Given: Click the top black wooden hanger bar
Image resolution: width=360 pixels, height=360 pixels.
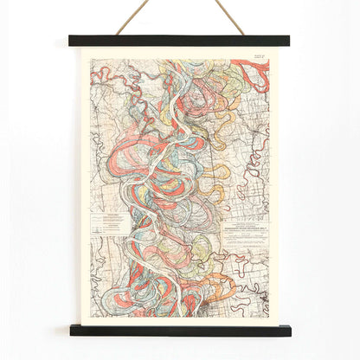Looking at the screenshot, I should tap(180, 41).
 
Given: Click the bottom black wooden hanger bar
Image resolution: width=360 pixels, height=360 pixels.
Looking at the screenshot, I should tap(180, 330).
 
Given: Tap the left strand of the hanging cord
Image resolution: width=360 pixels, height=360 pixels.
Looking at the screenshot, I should tap(131, 18).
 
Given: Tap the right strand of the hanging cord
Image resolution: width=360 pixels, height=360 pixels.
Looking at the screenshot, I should tap(230, 17).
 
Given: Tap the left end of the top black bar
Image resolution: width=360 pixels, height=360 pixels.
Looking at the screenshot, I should tap(73, 41).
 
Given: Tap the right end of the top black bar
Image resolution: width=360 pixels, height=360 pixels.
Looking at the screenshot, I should tap(286, 41).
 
